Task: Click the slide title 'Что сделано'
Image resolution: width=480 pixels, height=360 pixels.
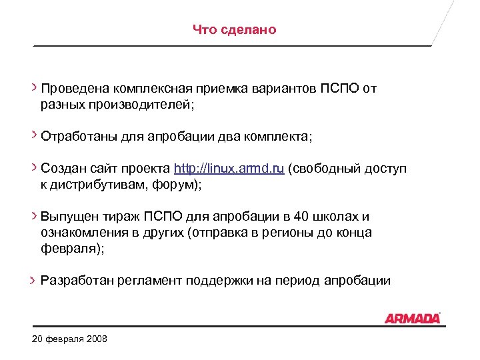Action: [234, 30]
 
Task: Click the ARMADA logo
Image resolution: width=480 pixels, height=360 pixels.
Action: [413, 318]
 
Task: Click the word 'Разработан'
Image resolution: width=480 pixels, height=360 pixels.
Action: [77, 281]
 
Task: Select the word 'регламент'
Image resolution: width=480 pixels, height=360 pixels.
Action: [149, 281]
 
